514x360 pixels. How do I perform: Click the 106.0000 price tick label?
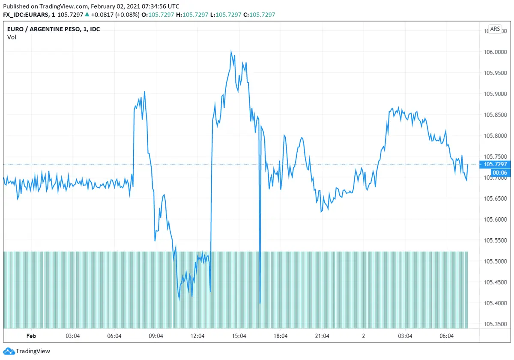click(x=495, y=52)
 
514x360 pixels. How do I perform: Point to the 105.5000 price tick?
click(x=495, y=261)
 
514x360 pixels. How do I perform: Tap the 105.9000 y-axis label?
click(x=495, y=94)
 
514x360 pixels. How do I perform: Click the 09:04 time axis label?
click(x=156, y=336)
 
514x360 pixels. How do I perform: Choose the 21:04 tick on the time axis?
click(x=322, y=336)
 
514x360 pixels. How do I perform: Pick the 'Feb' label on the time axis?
click(x=31, y=336)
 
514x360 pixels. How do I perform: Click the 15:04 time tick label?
click(x=239, y=336)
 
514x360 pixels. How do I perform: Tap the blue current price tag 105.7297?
click(x=495, y=164)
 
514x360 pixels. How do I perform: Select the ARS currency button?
click(x=495, y=29)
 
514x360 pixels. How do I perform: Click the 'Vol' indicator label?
click(x=12, y=37)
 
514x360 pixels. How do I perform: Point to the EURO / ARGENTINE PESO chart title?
click(x=54, y=29)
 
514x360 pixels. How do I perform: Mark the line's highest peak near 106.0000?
click(x=231, y=51)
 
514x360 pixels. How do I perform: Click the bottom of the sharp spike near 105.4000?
click(x=260, y=303)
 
